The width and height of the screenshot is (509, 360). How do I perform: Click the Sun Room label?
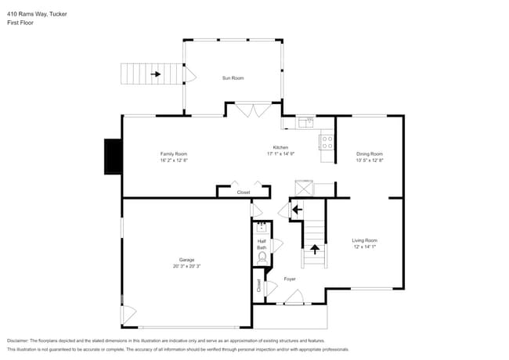233,78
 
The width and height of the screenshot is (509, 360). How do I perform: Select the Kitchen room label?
280,147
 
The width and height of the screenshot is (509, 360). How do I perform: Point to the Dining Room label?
370,153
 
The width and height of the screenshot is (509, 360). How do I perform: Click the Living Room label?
364,240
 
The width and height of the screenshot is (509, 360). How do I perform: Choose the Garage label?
186,260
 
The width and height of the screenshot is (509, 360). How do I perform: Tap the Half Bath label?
262,244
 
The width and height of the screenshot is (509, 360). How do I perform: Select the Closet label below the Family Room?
244,192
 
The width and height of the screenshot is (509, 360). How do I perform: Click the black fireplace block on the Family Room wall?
114,156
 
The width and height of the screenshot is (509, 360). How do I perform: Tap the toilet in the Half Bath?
262,257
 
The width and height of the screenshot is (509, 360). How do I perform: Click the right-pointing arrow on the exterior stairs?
156,74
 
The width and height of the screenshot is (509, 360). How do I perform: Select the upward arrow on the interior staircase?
315,250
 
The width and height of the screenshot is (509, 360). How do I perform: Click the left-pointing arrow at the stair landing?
296,210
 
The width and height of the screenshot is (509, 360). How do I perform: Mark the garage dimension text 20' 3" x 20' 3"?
186,266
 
